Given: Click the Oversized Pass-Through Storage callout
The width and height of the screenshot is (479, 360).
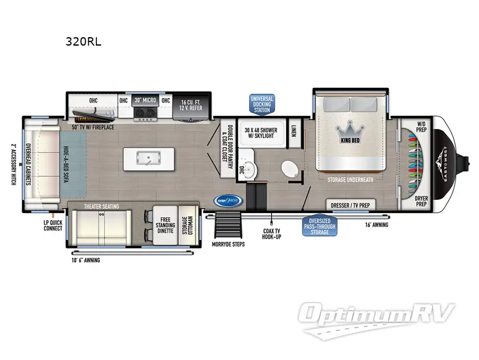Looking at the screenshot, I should [x=319, y=226].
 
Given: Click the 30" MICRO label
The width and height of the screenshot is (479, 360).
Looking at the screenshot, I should [x=145, y=100].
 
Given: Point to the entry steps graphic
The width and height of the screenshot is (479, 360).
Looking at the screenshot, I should [x=226, y=226].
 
